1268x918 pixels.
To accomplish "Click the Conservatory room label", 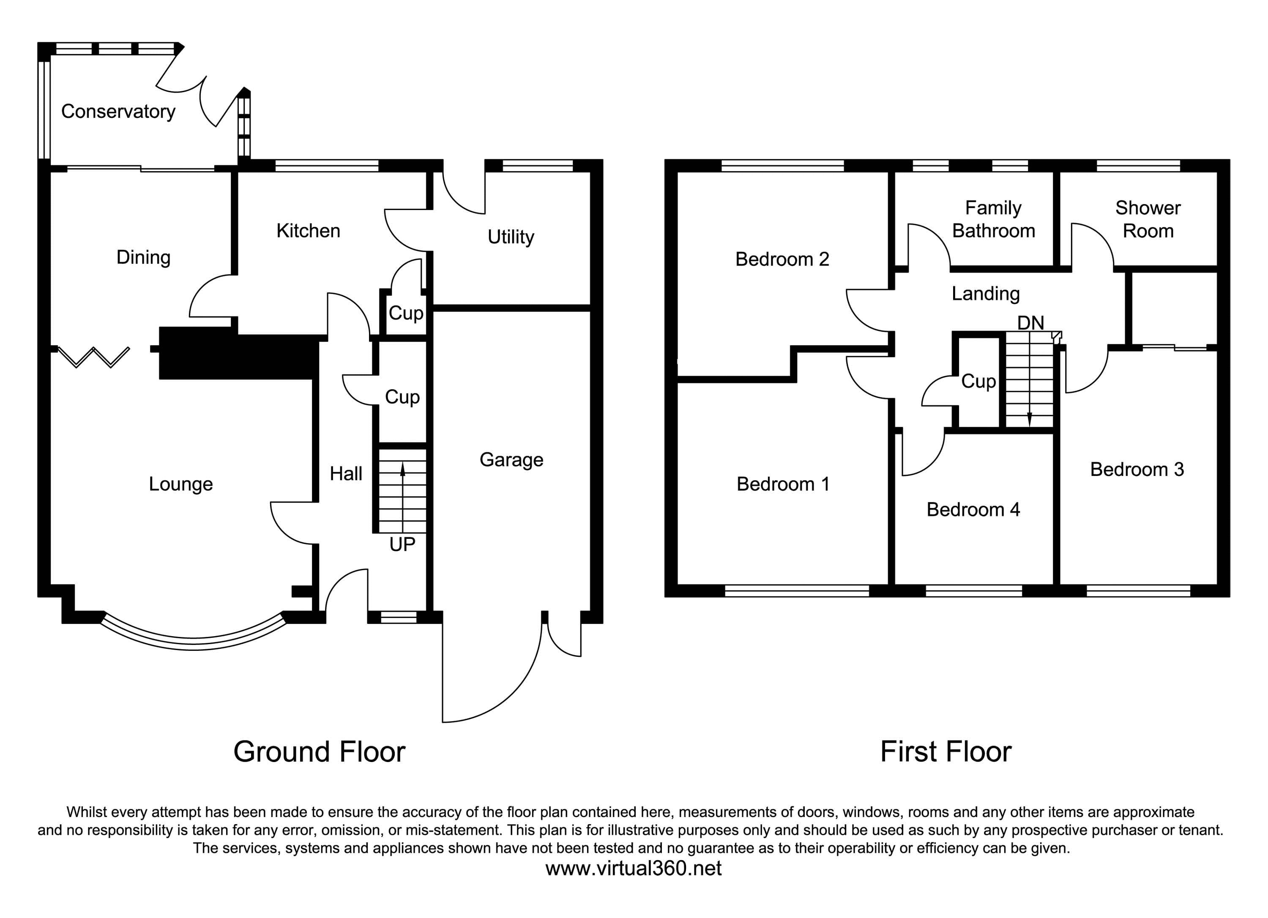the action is [x=118, y=112].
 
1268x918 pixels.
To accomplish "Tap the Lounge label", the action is [x=180, y=484].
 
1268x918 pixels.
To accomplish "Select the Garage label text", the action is [x=511, y=459].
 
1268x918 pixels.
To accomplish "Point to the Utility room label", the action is [x=511, y=237].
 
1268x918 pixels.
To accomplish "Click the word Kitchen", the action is [x=308, y=231].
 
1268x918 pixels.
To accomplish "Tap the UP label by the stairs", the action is [x=402, y=544].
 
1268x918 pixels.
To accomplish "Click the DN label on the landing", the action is [x=1030, y=322].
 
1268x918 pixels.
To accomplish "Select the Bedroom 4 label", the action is [x=973, y=509].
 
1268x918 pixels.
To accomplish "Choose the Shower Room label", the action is [x=1148, y=219].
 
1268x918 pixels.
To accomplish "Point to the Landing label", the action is [x=986, y=293].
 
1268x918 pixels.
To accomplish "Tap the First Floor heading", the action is [x=946, y=752].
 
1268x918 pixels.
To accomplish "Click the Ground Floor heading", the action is [x=319, y=752].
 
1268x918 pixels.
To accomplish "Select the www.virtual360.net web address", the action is [x=634, y=868].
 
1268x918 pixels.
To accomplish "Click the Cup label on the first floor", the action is [x=978, y=381].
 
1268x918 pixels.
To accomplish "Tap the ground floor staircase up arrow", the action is [x=402, y=470].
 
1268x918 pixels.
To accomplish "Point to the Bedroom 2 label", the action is [x=782, y=260].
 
